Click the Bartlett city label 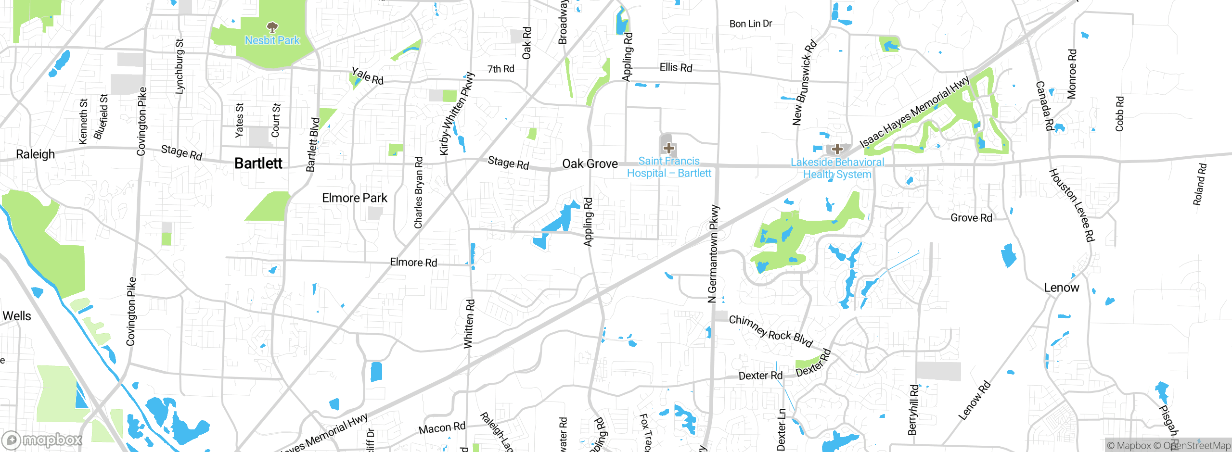(x=258, y=163)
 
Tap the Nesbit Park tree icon (x=272, y=27)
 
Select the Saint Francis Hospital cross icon (x=669, y=148)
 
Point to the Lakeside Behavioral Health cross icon (x=837, y=149)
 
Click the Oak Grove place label (x=590, y=164)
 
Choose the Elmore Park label (x=355, y=198)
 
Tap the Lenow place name (x=1062, y=288)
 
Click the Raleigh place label (x=36, y=154)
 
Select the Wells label (x=17, y=316)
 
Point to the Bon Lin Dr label (x=751, y=24)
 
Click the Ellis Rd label (x=676, y=68)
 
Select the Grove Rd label (x=971, y=218)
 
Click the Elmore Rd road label (x=413, y=263)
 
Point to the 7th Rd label (x=500, y=69)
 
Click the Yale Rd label (x=368, y=76)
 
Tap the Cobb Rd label (x=1119, y=114)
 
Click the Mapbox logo (x=42, y=439)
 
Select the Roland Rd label (x=1199, y=184)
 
